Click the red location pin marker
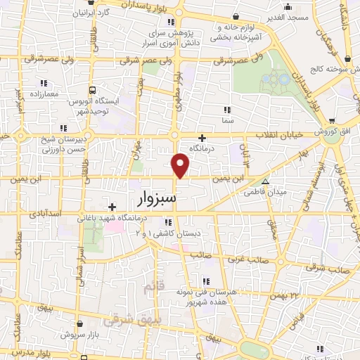[x=181, y=166]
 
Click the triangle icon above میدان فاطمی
[x=266, y=181]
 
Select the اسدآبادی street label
[x=48, y=212]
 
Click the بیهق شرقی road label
[x=123, y=321]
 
